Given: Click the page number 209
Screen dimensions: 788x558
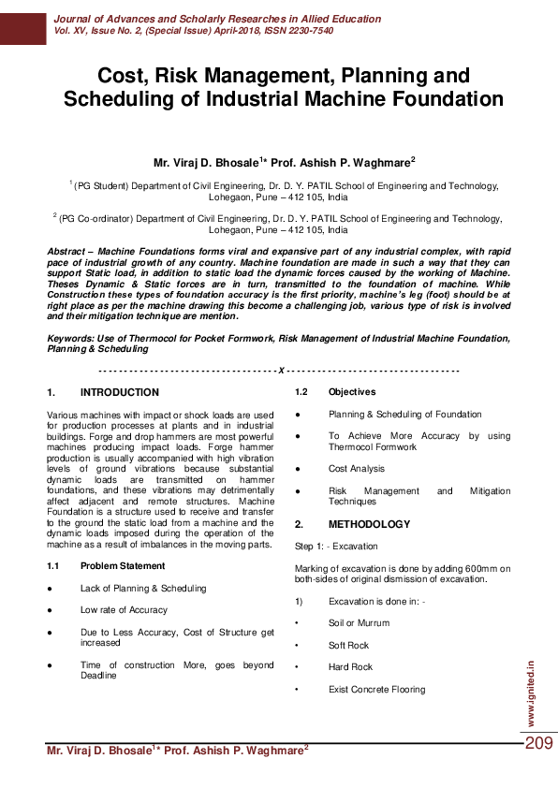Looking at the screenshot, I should (538, 743).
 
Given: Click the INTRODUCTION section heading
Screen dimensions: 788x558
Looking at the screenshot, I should (120, 392).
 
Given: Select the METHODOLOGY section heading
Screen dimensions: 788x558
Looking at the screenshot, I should (369, 524).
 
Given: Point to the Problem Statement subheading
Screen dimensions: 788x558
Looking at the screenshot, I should (122, 566).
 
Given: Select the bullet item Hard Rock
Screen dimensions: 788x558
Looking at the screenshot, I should (350, 667).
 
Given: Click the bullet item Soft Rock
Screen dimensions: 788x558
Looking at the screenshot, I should (349, 645).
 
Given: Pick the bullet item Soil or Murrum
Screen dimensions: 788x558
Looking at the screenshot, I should (359, 622).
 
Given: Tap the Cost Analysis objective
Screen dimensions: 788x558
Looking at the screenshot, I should (357, 468).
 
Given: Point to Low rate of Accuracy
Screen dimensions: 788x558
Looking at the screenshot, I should (124, 610).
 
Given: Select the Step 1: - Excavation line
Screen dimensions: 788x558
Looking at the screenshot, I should (336, 546).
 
